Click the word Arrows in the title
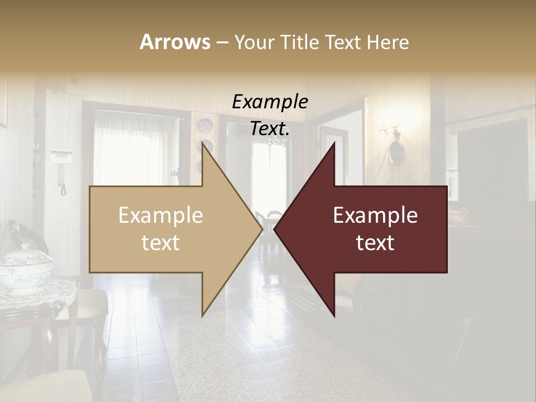(x=175, y=42)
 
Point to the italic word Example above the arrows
(x=270, y=102)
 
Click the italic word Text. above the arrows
(x=270, y=128)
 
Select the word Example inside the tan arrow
(x=161, y=216)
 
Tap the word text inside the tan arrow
(x=161, y=243)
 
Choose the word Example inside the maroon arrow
(x=375, y=216)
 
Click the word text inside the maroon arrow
(x=375, y=243)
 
